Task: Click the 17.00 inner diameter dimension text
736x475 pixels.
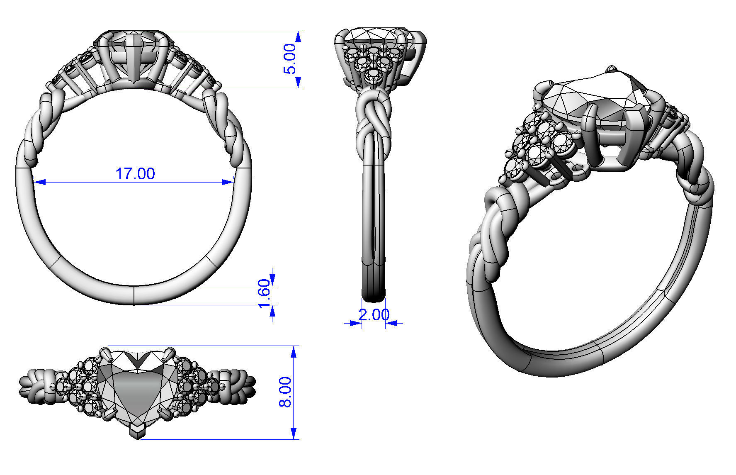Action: [135, 173]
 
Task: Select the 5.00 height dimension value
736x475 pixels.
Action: [290, 58]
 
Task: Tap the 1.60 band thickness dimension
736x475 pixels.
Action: [264, 294]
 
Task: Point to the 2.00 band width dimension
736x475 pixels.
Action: [374, 315]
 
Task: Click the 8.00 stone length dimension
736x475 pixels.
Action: [285, 392]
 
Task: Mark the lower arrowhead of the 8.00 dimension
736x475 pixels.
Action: [294, 434]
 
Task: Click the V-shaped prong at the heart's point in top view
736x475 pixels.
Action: [137, 431]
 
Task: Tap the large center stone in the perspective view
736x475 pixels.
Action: [589, 100]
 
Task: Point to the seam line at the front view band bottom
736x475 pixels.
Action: [134, 295]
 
